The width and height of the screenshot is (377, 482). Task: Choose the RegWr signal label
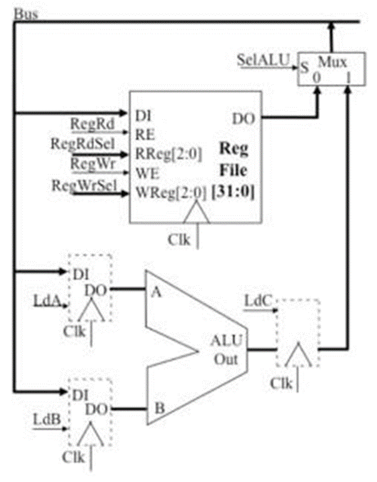click(89, 165)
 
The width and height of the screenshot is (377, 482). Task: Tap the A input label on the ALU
click(156, 292)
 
